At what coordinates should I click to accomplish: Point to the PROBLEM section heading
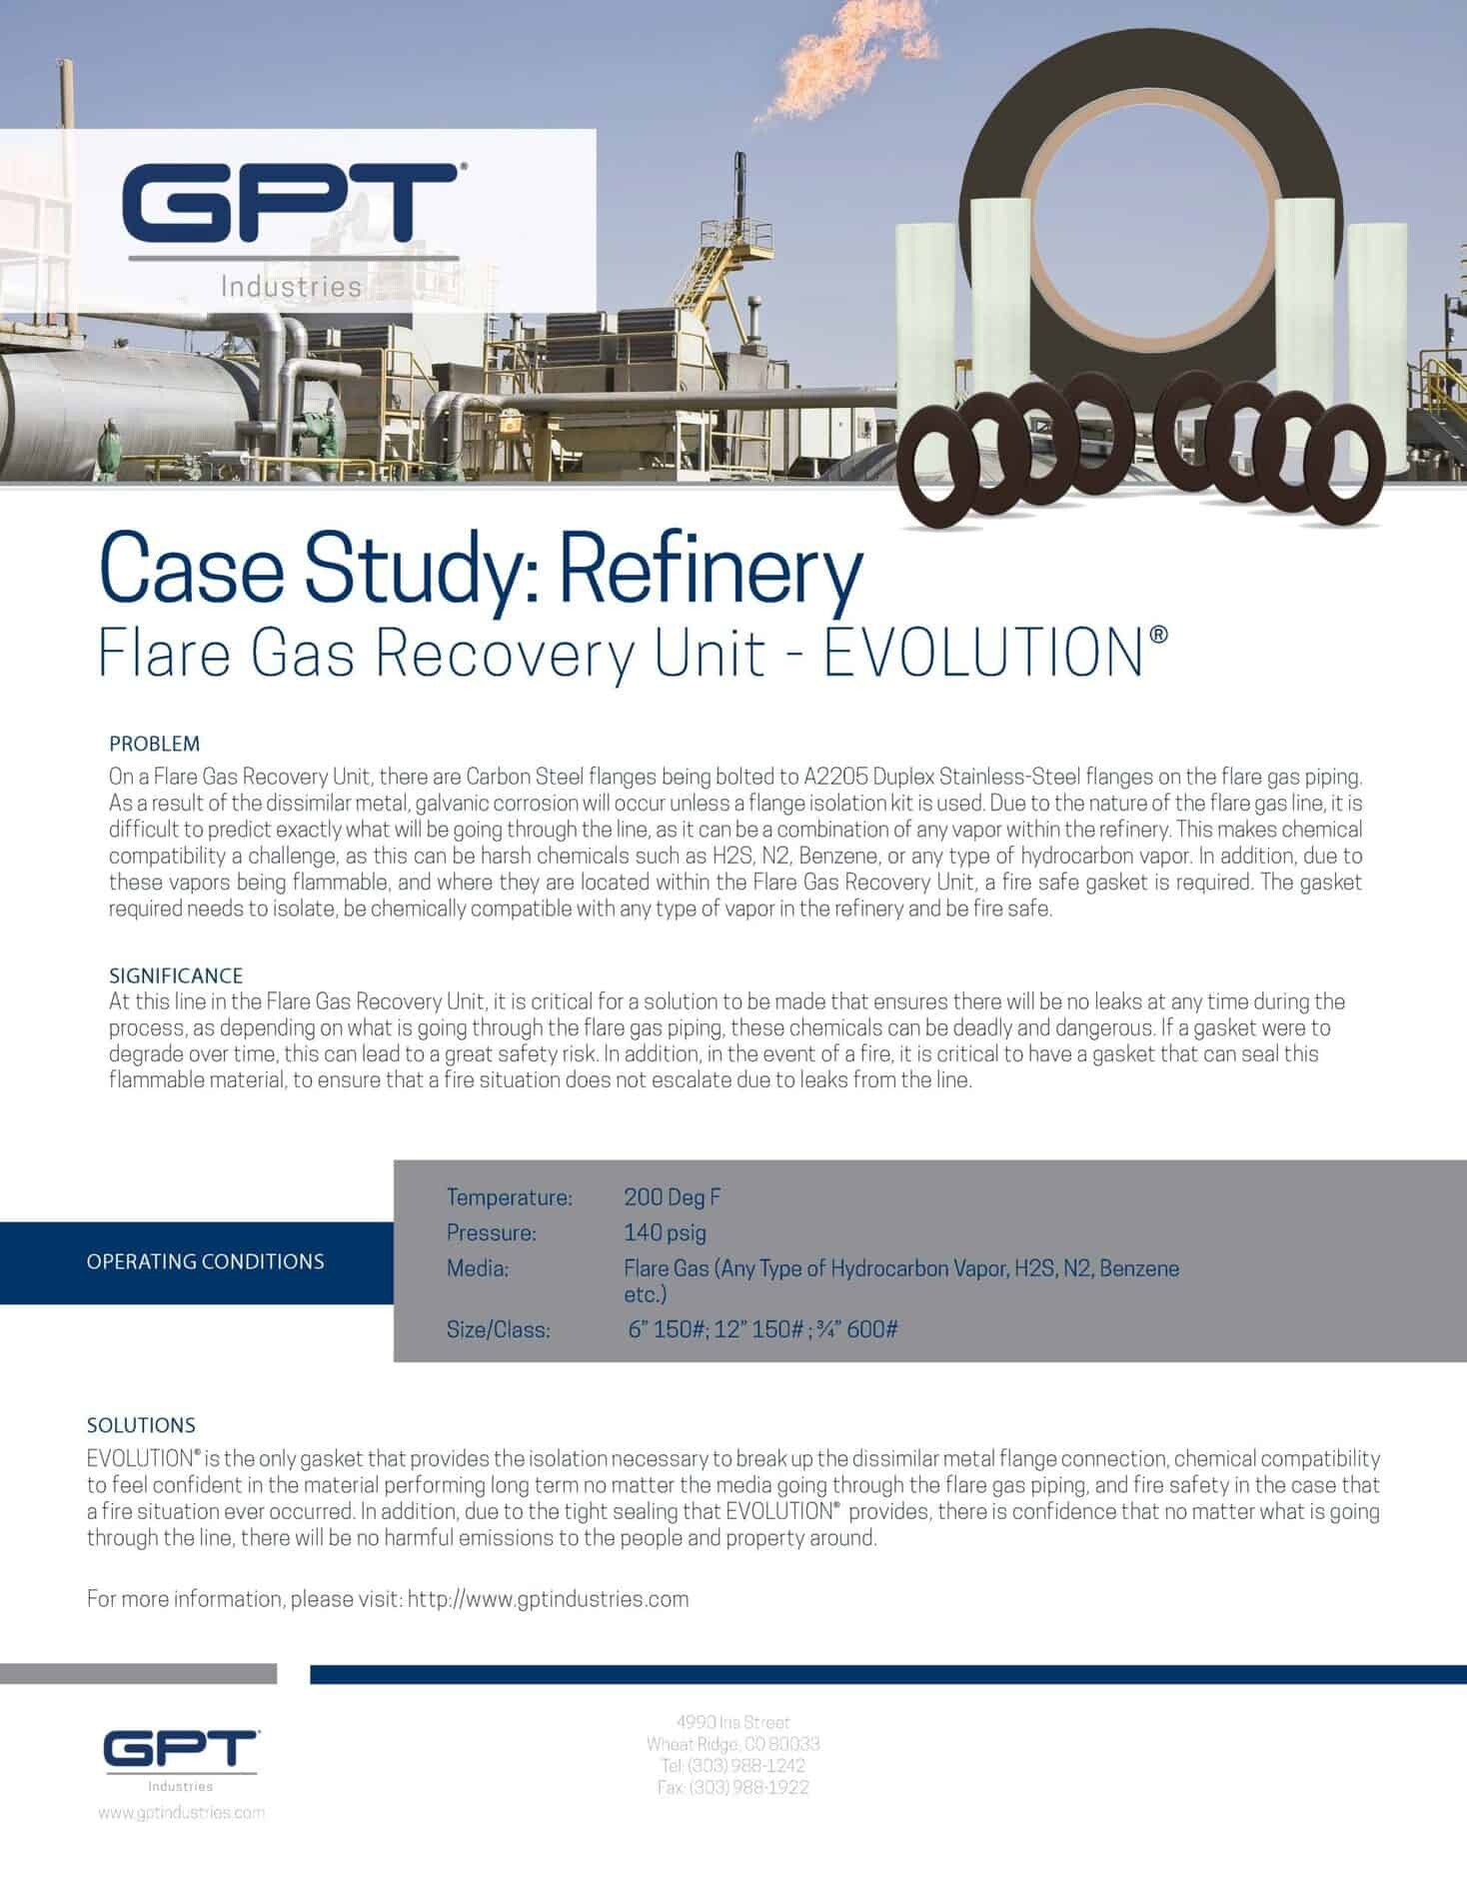point(154,744)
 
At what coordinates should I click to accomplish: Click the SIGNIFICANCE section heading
point(175,974)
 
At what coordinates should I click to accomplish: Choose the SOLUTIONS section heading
point(141,1424)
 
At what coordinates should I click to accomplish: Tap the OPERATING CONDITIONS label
point(205,1261)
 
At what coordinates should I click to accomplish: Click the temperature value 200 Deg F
point(672,1196)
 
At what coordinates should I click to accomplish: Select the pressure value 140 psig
point(665,1232)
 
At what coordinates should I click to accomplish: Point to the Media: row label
point(478,1268)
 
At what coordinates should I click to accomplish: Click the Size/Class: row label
point(498,1329)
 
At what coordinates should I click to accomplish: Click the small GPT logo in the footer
point(181,1750)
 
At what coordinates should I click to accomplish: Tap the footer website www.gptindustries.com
point(181,1812)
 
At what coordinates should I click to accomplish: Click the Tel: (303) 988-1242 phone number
point(733,1765)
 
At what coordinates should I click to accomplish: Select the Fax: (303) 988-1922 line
point(733,1787)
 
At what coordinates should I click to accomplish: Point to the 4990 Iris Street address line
point(733,1721)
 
